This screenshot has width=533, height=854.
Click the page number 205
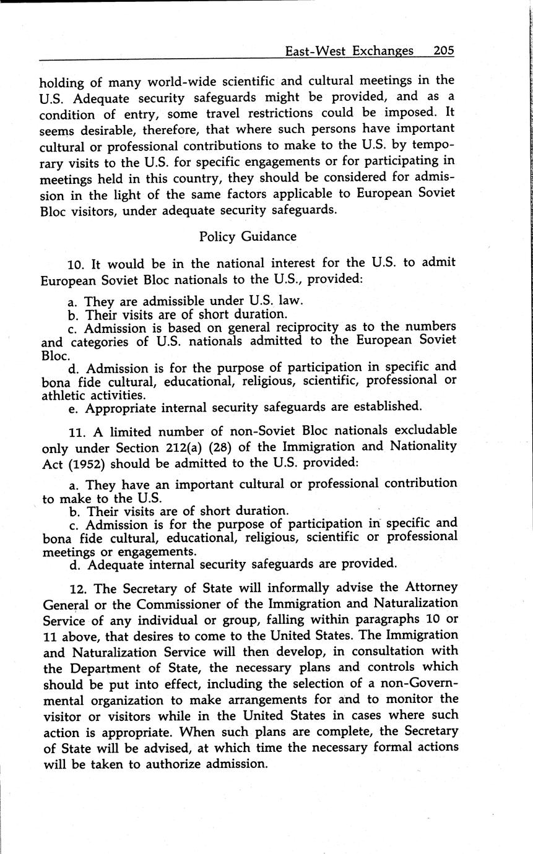(444, 51)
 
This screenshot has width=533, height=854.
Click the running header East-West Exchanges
(349, 51)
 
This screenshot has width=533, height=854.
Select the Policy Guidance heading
(248, 236)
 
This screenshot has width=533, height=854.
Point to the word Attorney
(431, 587)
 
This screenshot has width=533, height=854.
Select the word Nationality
(421, 446)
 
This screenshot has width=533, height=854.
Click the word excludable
(422, 430)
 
